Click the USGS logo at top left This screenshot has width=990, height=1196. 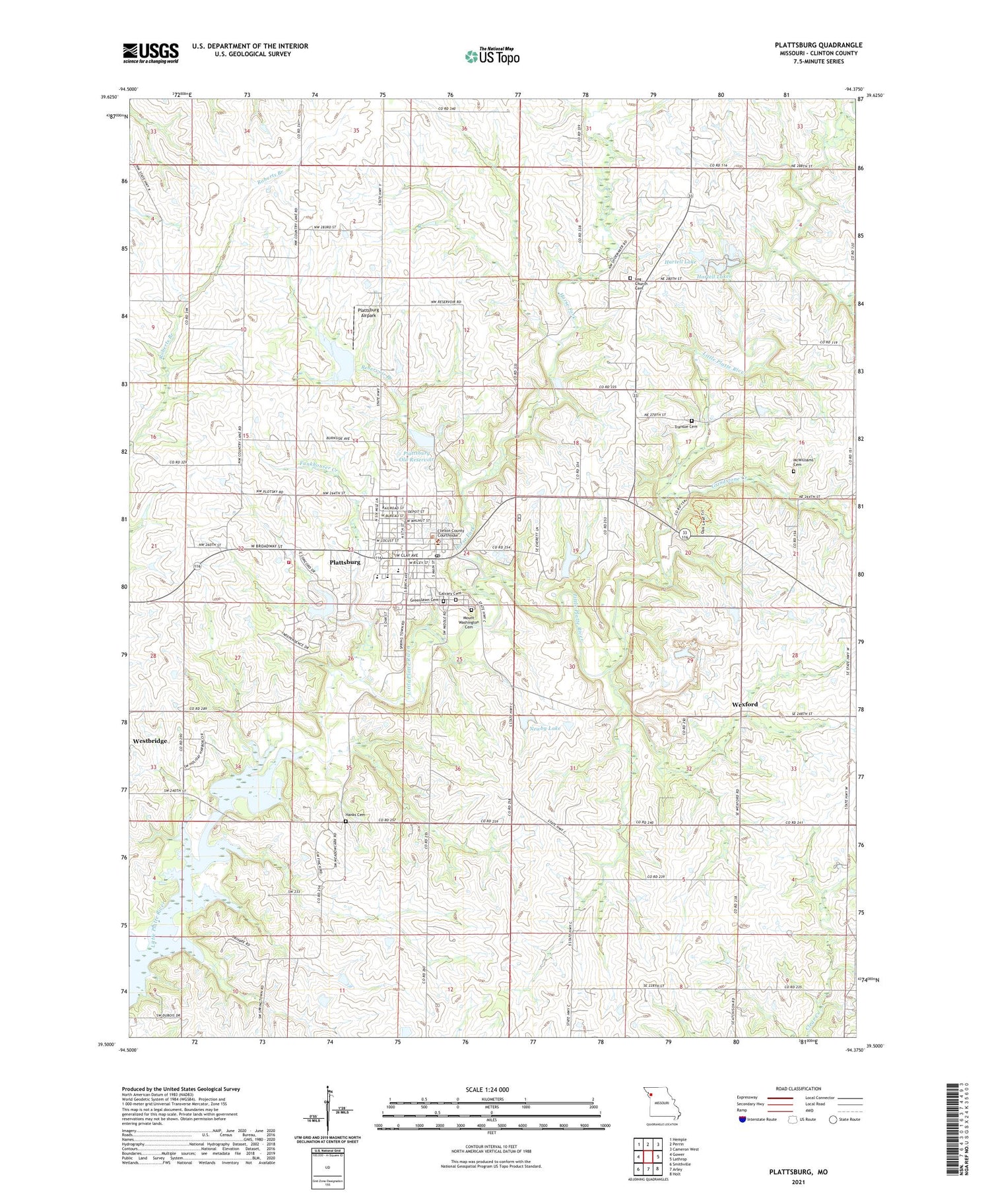[x=150, y=53]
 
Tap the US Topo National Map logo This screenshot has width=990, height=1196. [x=492, y=56]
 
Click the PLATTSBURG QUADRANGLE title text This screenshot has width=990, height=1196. [x=818, y=45]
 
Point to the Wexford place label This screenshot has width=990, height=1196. [x=744, y=705]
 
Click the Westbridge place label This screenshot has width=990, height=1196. [x=150, y=741]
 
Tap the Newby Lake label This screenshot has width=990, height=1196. [x=545, y=728]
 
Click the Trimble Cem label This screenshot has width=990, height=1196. [x=686, y=427]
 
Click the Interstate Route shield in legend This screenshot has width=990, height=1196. [x=743, y=1119]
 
